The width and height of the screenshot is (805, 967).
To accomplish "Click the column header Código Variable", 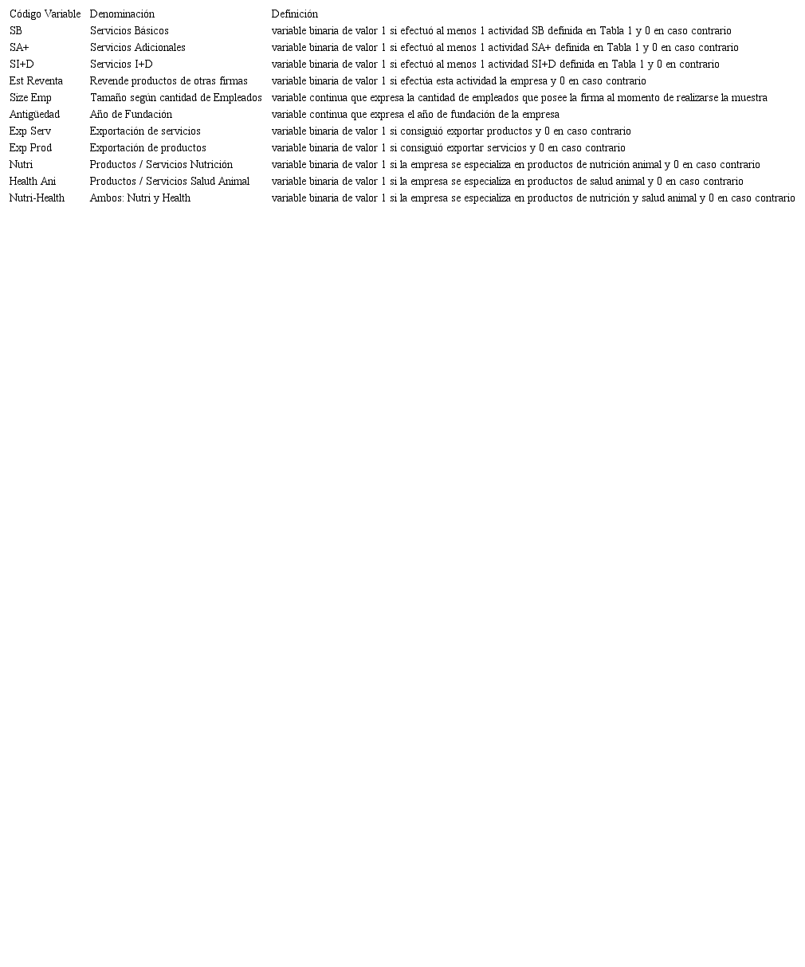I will [45, 14].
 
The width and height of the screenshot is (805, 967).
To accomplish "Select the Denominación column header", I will [122, 14].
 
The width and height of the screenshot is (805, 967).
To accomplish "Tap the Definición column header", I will [294, 14].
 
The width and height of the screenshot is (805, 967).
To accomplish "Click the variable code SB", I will [16, 31].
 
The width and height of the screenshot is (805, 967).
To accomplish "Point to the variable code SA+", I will [19, 48].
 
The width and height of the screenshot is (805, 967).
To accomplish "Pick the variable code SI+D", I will [22, 65].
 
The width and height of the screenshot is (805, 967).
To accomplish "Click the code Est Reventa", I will [36, 81].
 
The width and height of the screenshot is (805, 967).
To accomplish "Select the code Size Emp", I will [30, 98].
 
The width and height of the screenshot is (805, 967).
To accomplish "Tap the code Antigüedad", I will [34, 115].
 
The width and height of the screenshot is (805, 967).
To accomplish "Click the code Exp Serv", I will [30, 131].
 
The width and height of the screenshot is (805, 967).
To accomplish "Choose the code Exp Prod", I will [30, 148].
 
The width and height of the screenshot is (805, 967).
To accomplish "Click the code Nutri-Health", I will [37, 198].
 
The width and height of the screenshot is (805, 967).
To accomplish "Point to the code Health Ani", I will [33, 182].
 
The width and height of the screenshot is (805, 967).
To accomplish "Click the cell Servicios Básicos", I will [129, 31].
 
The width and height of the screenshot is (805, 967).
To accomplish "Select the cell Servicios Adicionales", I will [137, 48].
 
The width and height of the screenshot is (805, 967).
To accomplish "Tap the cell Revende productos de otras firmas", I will [168, 81].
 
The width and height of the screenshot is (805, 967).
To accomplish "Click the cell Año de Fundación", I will [131, 115].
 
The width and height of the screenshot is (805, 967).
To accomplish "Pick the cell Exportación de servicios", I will [145, 131].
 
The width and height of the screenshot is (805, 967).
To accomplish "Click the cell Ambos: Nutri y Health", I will [139, 198].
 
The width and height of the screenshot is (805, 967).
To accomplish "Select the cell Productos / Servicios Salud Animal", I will [169, 182].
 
